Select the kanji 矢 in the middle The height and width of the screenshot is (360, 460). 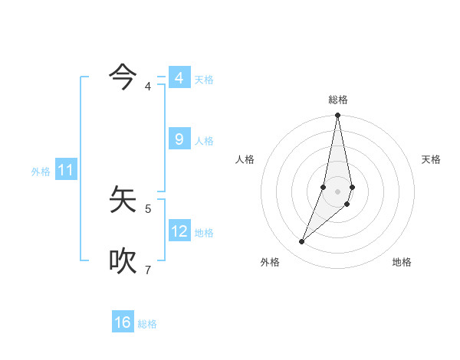(x=123, y=200)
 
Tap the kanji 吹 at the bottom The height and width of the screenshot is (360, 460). (x=123, y=261)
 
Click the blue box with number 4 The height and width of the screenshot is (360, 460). (x=179, y=78)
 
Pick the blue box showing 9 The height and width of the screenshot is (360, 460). (x=179, y=139)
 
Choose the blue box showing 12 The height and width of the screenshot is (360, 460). (x=179, y=231)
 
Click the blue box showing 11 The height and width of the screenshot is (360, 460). (x=66, y=171)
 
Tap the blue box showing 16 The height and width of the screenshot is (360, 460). (x=123, y=322)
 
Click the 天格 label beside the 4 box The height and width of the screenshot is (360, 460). (x=204, y=80)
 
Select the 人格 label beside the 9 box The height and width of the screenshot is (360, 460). (x=204, y=141)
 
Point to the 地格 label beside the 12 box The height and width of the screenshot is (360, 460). (x=204, y=233)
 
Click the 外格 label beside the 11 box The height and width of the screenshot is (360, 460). (x=41, y=172)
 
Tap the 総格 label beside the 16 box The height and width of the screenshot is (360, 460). (x=147, y=324)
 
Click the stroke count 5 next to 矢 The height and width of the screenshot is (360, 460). (x=148, y=208)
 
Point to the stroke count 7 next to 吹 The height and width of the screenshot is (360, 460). (x=148, y=270)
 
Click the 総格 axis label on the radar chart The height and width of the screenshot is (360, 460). (x=338, y=100)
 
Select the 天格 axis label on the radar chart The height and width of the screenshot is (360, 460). (x=431, y=159)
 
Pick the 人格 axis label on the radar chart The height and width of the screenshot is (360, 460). (x=245, y=159)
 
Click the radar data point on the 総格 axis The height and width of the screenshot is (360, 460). (x=338, y=116)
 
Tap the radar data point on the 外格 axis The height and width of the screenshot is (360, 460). (x=302, y=242)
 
